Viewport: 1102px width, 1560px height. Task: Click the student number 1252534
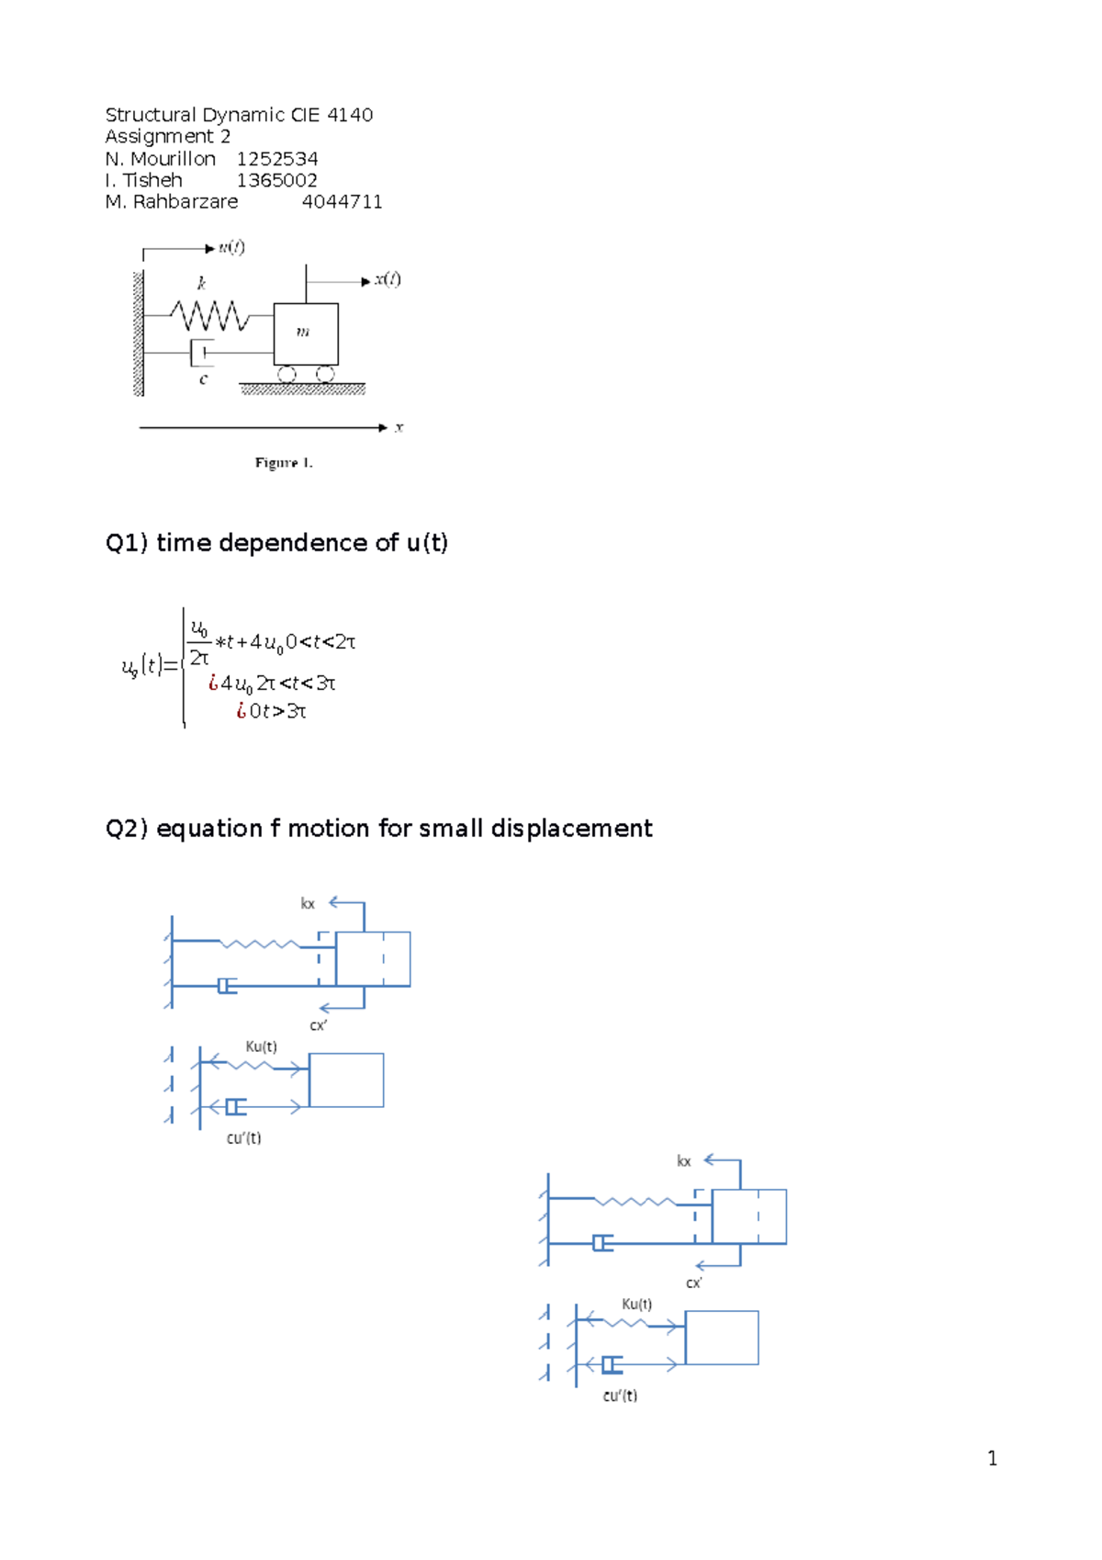click(277, 159)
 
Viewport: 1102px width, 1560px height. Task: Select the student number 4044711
click(342, 202)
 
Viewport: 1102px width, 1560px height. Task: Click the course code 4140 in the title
click(350, 115)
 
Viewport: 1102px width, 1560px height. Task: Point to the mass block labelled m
click(306, 333)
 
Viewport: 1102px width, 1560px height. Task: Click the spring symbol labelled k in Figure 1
click(209, 315)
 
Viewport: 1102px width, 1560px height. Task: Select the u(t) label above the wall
click(231, 247)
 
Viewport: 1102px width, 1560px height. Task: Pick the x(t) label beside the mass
click(387, 279)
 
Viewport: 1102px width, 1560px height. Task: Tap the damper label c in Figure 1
click(203, 379)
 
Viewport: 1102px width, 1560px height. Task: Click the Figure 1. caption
click(284, 463)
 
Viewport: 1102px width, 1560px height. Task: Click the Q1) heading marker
click(127, 543)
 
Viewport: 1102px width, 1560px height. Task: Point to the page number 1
click(992, 1458)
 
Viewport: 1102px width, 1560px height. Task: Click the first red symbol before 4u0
click(213, 683)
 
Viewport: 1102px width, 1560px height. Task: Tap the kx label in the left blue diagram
click(308, 904)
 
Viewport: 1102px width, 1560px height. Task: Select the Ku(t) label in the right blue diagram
click(636, 1304)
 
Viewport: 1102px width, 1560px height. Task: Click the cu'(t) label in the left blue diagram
click(243, 1138)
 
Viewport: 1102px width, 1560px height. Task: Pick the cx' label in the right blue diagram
click(693, 1283)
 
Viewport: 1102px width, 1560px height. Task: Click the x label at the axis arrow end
click(399, 427)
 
